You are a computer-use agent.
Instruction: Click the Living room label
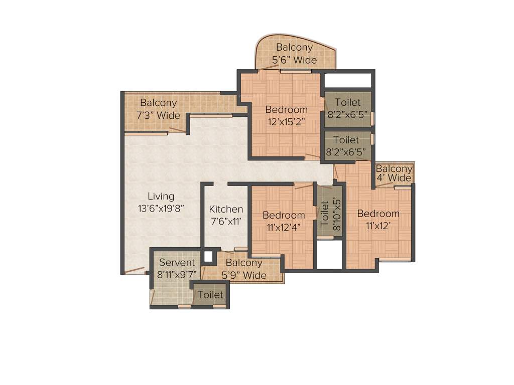click(x=161, y=196)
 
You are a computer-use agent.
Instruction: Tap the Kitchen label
click(x=226, y=209)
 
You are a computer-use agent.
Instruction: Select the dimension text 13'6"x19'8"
click(x=161, y=209)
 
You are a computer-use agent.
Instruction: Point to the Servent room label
click(x=176, y=263)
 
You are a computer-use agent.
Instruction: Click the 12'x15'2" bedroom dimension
click(x=286, y=122)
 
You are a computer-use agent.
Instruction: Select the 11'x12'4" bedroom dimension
click(x=284, y=228)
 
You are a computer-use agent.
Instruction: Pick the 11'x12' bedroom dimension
click(x=378, y=226)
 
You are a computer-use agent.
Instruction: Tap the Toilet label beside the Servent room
click(x=210, y=295)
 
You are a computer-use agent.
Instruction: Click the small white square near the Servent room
click(x=208, y=257)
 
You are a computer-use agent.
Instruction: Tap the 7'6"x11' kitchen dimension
click(x=226, y=222)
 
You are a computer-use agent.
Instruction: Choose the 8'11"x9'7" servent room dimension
click(x=176, y=275)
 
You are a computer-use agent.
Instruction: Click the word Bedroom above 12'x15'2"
click(x=286, y=110)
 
